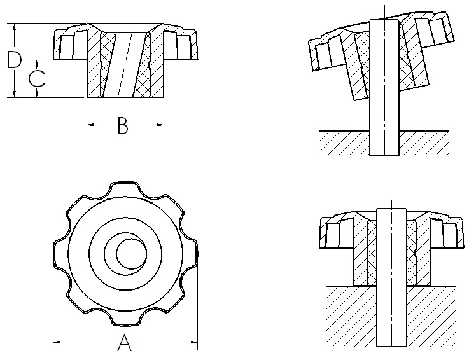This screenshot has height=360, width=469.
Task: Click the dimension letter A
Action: pos(125,344)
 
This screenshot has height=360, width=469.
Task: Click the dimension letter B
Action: pos(123,126)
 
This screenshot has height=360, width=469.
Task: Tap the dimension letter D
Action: pos(13,60)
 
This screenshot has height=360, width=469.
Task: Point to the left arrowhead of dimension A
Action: pos(56,344)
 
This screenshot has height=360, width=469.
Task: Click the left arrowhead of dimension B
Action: pos(90,125)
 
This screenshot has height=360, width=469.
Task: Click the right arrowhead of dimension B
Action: pos(160,125)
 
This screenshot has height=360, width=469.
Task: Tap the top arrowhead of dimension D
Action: pos(14,27)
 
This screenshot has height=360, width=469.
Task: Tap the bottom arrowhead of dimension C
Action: pos(38,93)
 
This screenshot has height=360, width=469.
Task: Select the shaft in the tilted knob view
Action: pos(384,89)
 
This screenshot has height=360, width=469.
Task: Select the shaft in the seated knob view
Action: pos(391,280)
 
